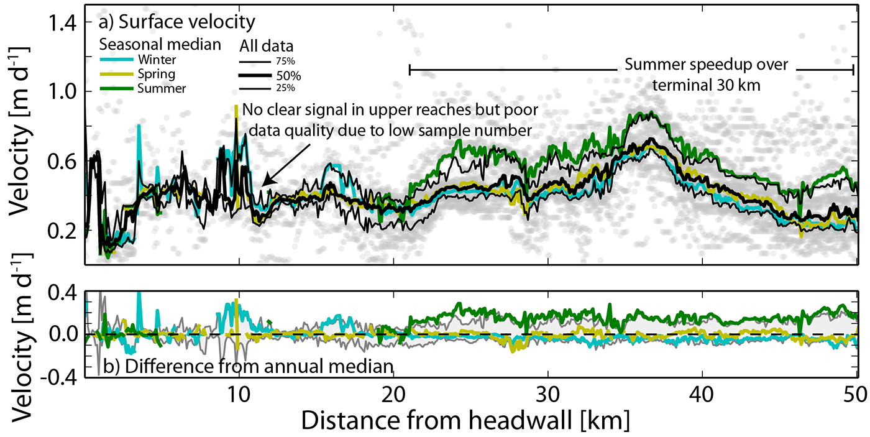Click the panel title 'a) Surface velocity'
177,23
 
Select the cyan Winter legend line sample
116,60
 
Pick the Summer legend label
163,88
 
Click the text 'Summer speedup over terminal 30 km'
706,75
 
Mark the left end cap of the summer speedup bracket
410,70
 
